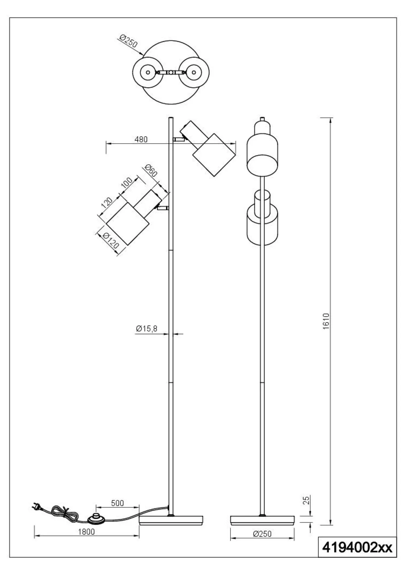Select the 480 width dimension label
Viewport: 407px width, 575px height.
[x=141, y=140]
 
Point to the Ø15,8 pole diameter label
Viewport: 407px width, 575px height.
[x=147, y=329]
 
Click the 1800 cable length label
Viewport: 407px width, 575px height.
[x=86, y=532]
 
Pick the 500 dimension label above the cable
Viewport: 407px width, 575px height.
[x=118, y=503]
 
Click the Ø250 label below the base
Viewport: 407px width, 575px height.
[x=262, y=534]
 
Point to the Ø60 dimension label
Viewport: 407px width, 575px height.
[x=151, y=171]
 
